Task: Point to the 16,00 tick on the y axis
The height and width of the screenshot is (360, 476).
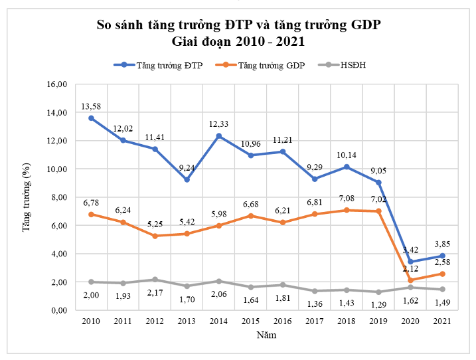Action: click(58, 84)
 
